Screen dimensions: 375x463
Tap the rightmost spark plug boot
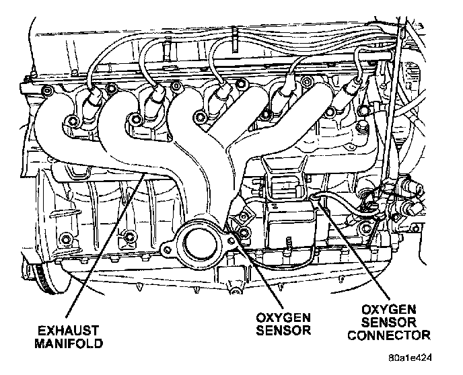coord(352,90)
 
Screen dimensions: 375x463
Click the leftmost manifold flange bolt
coord(67,122)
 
